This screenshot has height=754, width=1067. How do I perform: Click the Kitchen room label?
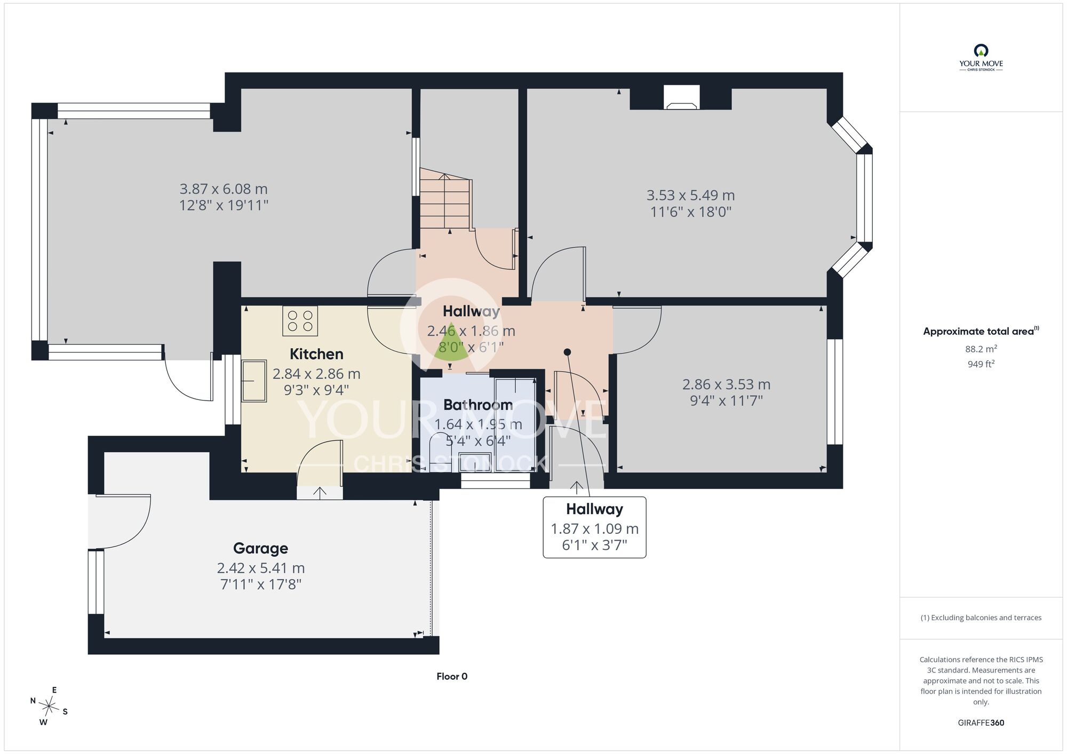click(x=316, y=354)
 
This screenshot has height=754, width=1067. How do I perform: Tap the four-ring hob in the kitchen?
click(x=300, y=320)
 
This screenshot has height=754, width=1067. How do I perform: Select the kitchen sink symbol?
click(x=254, y=381)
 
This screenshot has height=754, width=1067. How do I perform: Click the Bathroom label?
click(x=478, y=405)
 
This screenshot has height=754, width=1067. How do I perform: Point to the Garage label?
click(x=260, y=549)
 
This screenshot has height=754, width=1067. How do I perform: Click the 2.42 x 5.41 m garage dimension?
click(x=261, y=568)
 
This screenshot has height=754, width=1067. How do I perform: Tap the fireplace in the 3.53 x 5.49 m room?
click(x=681, y=98)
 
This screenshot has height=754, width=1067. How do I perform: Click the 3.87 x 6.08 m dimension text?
click(x=224, y=189)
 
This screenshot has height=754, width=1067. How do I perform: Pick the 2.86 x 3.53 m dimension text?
click(x=726, y=384)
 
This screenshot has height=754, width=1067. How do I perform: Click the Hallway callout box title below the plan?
click(x=594, y=510)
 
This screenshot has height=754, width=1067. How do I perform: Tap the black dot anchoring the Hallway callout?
click(x=567, y=352)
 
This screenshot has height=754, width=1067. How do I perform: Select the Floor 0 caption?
click(x=452, y=677)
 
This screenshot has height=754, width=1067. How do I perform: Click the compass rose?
click(x=49, y=708)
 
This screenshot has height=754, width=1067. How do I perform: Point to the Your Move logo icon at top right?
click(x=981, y=51)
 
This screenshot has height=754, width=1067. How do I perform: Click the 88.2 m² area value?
click(x=981, y=349)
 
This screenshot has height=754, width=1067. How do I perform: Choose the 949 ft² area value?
click(x=981, y=364)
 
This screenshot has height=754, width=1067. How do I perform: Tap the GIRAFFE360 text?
click(x=981, y=723)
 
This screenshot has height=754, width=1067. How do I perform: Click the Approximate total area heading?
click(x=981, y=331)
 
